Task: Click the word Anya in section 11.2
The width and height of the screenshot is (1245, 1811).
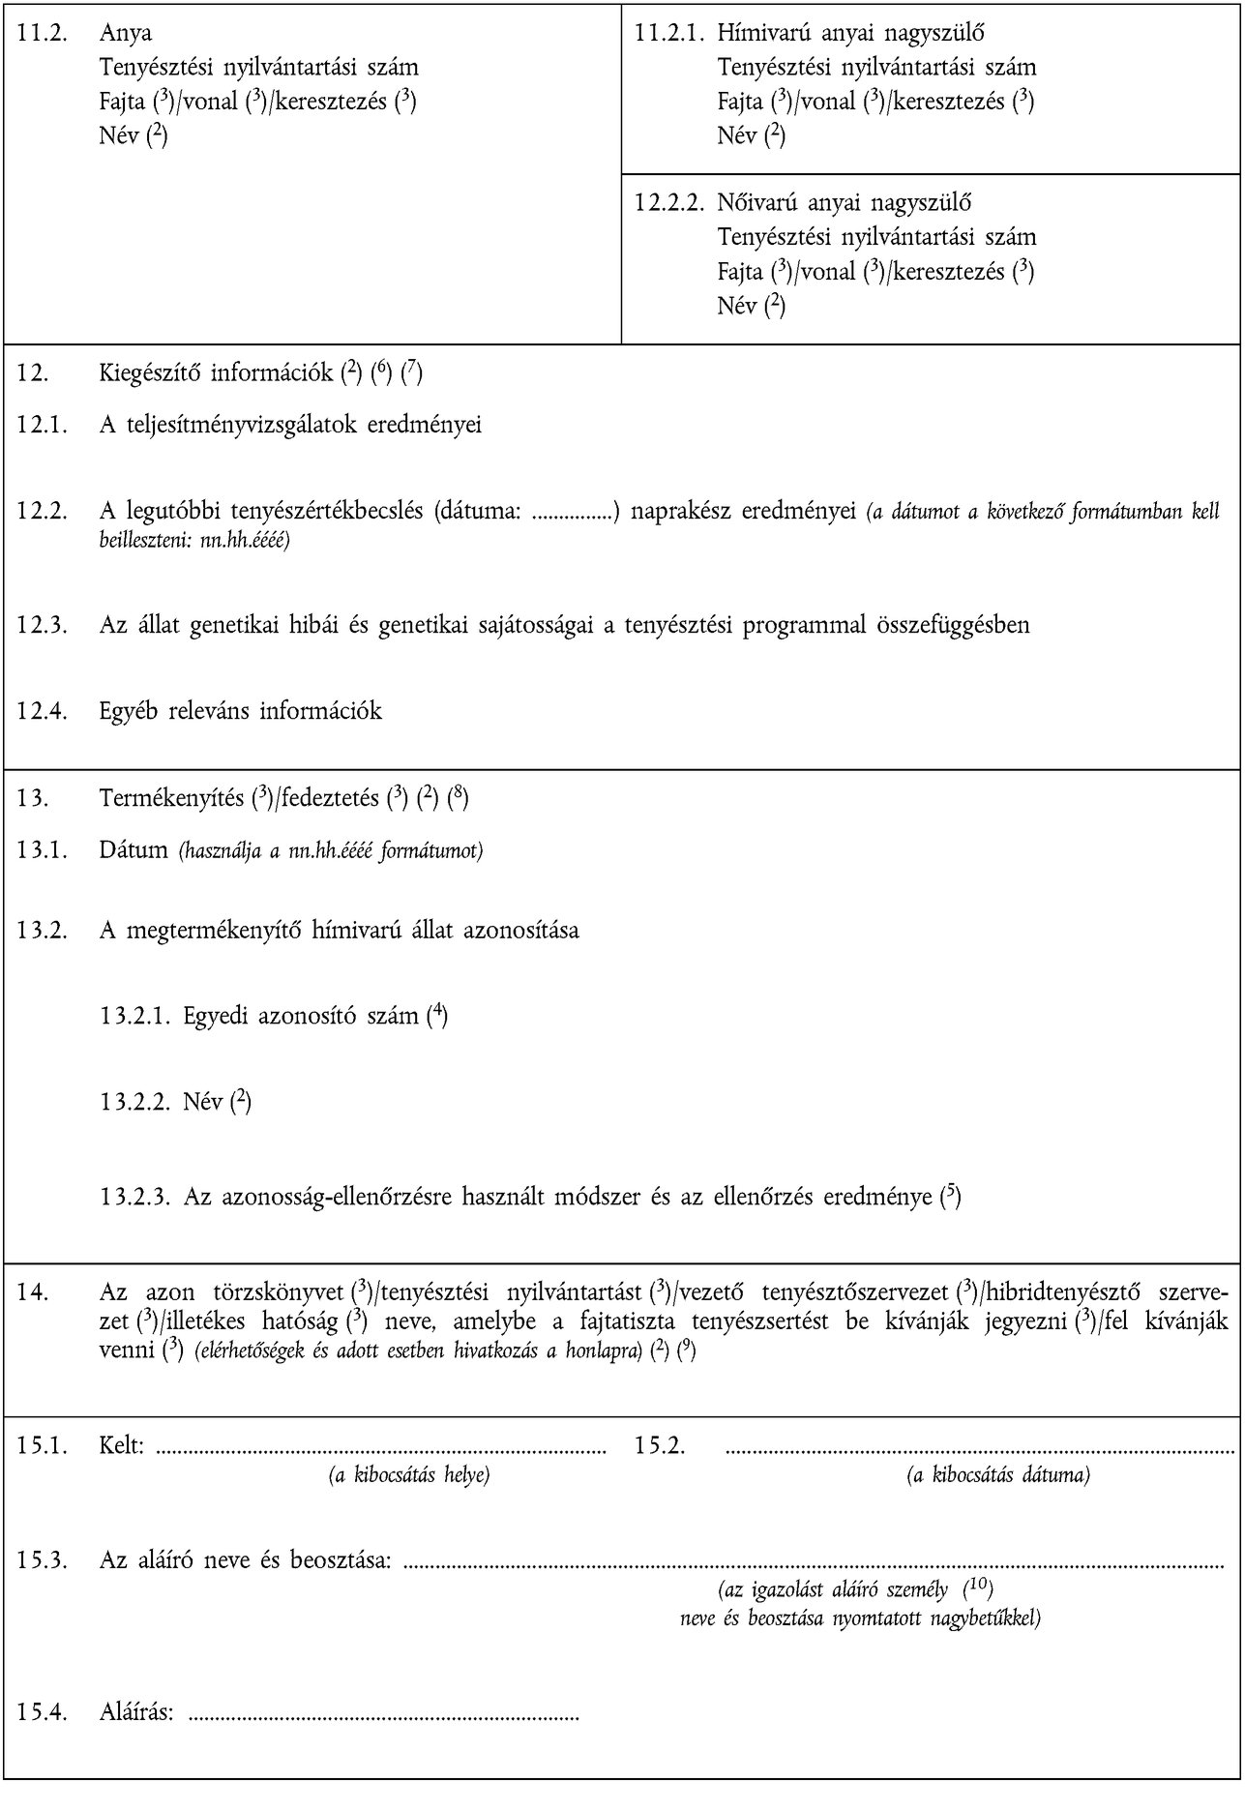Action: (x=126, y=33)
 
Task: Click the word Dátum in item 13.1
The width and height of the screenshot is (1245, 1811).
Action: (x=133, y=851)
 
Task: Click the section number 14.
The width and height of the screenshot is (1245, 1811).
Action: (x=30, y=1292)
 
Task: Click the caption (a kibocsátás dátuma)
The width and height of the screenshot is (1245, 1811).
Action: (x=998, y=1476)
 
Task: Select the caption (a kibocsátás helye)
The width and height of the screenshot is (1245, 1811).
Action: (x=407, y=1476)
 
